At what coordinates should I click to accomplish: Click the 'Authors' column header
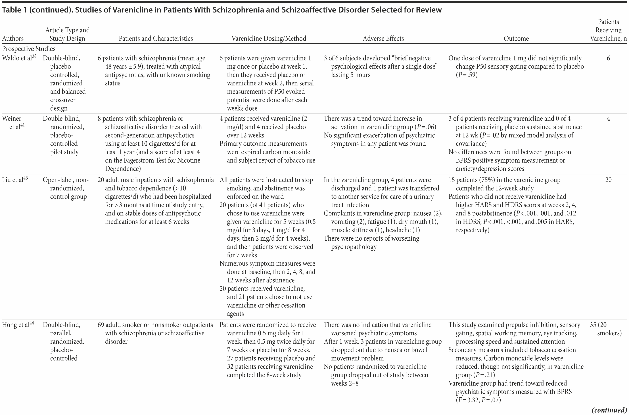(13, 39)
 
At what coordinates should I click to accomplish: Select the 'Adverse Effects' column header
(383, 39)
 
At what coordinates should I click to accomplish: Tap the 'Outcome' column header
(516, 39)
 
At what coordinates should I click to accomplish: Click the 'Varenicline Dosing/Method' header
(269, 39)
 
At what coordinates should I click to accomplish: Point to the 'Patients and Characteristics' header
(156, 39)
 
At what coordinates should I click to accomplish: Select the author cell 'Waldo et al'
(17, 58)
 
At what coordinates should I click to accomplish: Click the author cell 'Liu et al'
(13, 180)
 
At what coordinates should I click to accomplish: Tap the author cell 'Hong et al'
(16, 325)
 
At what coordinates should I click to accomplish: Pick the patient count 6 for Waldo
(608, 58)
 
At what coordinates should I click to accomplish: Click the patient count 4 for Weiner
(608, 119)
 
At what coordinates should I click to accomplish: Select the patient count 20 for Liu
(608, 180)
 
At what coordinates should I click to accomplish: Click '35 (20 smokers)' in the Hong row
(606, 329)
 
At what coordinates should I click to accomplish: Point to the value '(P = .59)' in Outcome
(467, 75)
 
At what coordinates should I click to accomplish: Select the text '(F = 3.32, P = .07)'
(478, 400)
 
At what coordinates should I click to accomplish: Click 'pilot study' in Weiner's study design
(64, 152)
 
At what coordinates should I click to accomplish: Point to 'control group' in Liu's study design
(68, 197)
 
